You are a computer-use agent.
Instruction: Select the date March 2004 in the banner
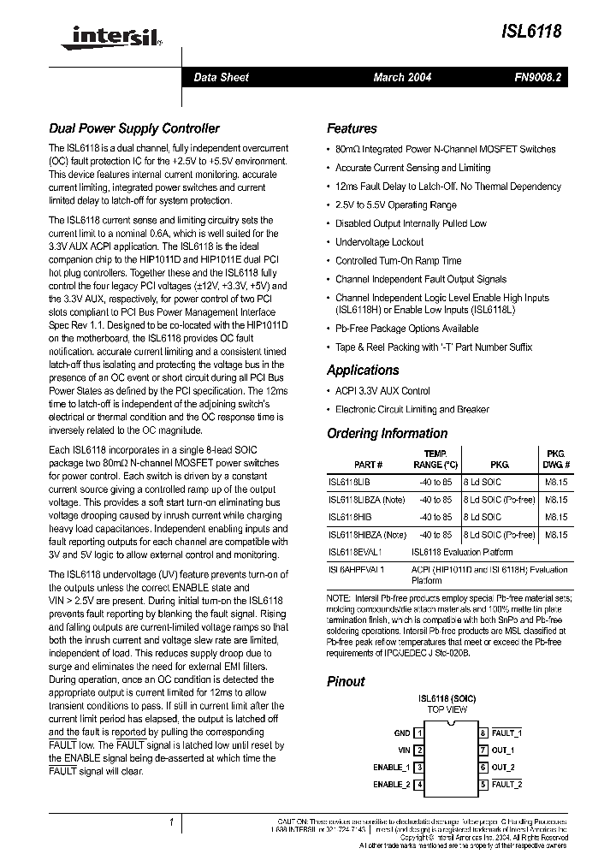tap(402, 77)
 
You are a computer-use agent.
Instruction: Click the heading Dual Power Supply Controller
tap(133, 129)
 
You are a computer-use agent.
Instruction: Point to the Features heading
tap(352, 129)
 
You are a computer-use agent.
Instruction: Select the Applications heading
tap(363, 371)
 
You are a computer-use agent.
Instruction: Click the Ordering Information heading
tap(387, 434)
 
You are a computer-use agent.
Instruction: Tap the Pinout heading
tap(346, 682)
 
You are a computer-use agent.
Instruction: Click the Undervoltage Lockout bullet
tap(379, 242)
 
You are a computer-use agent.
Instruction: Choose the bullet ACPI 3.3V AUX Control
tap(382, 391)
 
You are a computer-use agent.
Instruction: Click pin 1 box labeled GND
tap(419, 733)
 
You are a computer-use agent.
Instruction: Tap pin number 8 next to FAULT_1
tap(483, 733)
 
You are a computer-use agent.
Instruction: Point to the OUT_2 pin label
tap(503, 768)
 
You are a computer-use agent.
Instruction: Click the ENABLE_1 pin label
tap(392, 768)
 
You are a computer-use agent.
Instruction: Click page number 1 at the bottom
tap(172, 823)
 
